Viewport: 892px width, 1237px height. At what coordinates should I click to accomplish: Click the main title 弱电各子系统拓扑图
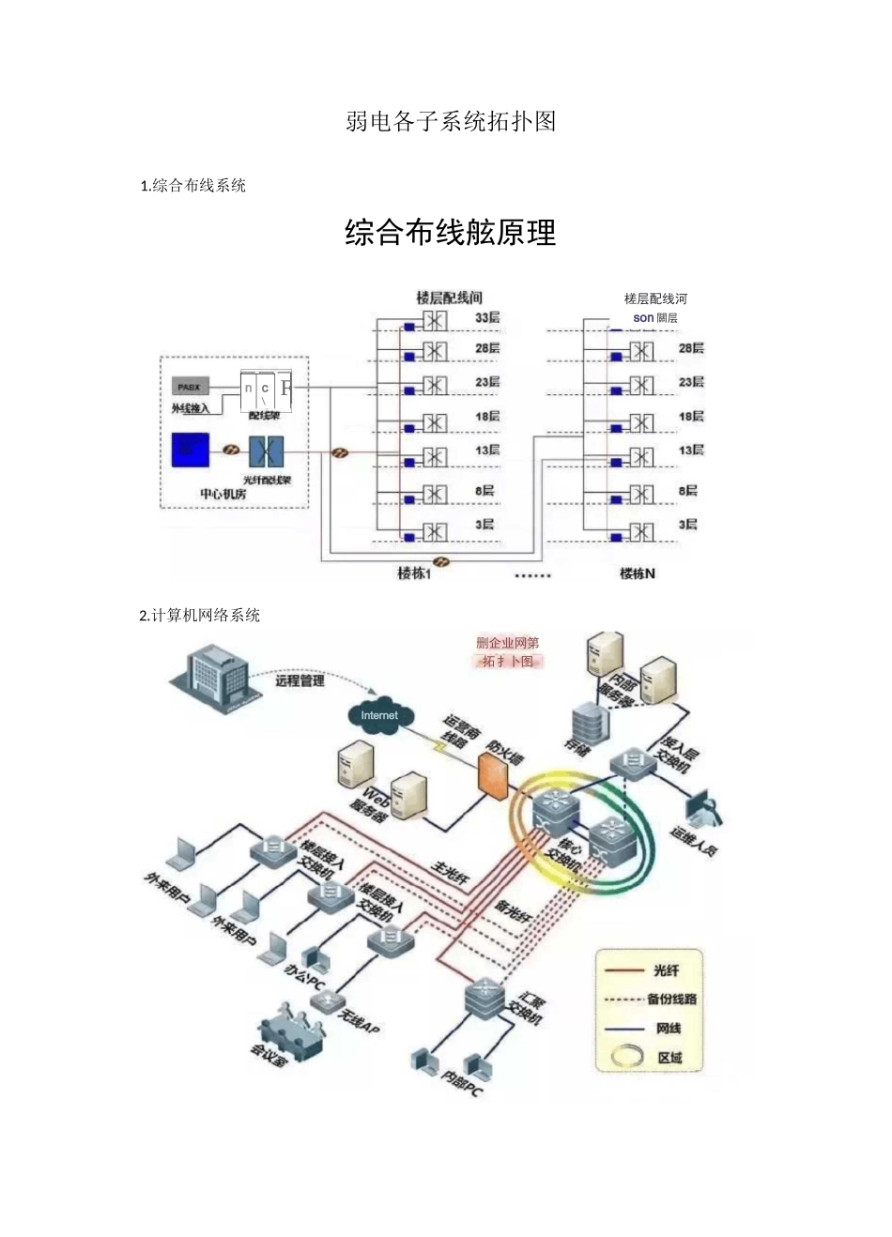pos(451,121)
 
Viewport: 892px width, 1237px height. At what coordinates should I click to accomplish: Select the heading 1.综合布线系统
pos(193,186)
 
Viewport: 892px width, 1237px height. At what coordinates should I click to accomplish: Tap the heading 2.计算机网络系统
pos(200,616)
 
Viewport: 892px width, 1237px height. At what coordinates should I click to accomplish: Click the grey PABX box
pos(190,387)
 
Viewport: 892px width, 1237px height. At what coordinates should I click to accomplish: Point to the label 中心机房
pos(223,494)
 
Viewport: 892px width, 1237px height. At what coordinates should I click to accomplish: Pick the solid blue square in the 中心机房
pos(191,450)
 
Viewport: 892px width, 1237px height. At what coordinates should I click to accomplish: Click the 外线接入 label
pos(191,408)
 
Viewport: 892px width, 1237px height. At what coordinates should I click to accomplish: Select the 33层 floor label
pos(487,318)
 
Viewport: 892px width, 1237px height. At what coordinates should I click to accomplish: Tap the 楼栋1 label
pos(414,573)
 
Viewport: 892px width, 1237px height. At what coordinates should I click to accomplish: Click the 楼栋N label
pos(638,573)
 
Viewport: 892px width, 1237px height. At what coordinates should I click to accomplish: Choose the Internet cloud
pos(379,716)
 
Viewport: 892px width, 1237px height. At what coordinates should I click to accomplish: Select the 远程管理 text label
pos(300,681)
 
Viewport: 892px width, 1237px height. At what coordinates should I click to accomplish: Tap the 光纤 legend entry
pos(667,970)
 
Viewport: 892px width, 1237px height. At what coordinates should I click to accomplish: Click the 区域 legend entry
pos(669,1058)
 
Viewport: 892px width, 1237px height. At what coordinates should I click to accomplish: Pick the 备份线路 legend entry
pos(671,1000)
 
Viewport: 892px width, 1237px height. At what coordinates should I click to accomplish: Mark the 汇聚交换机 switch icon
pos(484,998)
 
